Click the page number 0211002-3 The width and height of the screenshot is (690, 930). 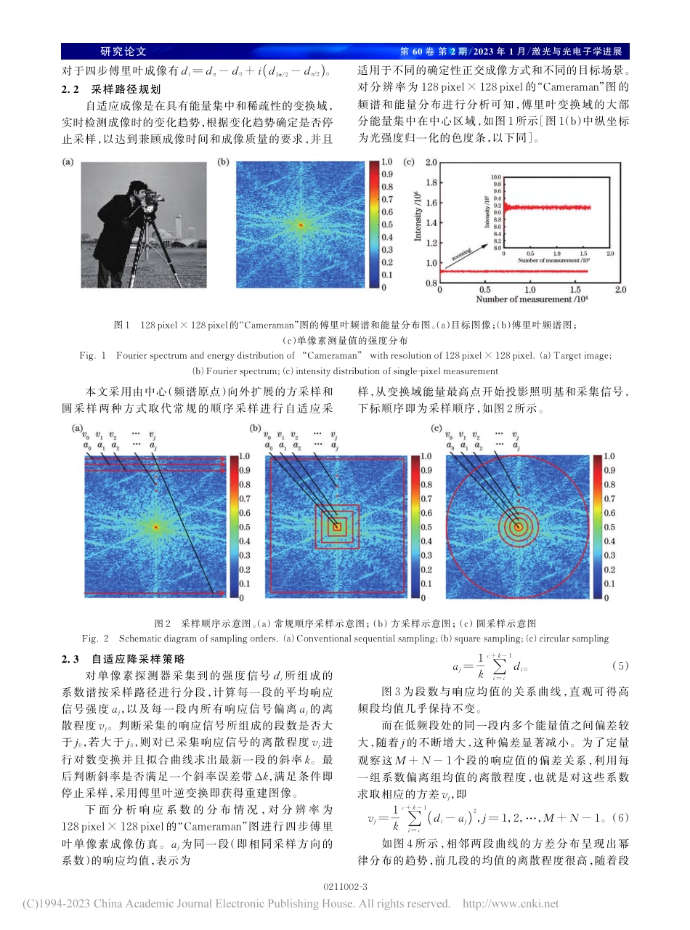345,887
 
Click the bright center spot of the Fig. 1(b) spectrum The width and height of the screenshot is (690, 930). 299,225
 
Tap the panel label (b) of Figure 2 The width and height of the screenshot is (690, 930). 256,429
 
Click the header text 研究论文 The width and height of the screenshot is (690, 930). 123,52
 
